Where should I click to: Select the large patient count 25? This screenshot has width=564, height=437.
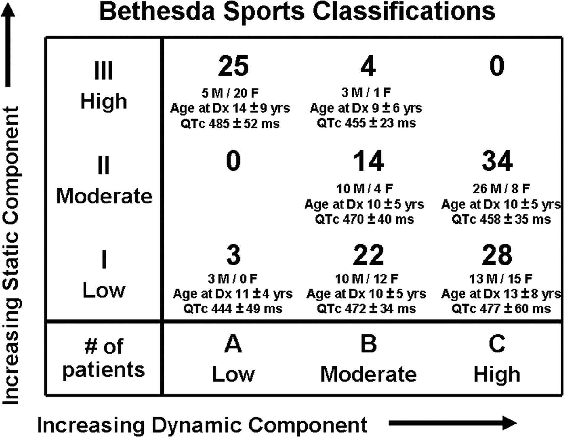click(x=233, y=66)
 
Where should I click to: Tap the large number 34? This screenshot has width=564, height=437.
click(x=497, y=161)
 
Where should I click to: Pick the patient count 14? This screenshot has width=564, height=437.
click(x=368, y=161)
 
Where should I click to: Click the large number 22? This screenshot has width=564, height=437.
click(x=368, y=255)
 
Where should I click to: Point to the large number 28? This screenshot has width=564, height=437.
click(x=497, y=255)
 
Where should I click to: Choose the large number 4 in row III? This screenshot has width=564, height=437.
click(x=368, y=66)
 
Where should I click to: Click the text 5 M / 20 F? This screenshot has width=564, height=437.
click(x=230, y=93)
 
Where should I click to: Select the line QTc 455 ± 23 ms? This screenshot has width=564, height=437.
click(x=366, y=123)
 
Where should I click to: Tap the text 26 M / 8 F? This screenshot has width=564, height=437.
click(x=501, y=189)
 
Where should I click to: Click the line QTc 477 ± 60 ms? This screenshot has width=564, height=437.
click(x=501, y=309)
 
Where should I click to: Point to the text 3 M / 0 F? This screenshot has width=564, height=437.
click(x=232, y=279)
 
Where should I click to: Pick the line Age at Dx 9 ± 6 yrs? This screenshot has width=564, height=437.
click(x=366, y=108)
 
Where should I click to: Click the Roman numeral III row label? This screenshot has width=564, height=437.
click(x=103, y=71)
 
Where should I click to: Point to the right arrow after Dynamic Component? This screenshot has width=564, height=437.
click(x=452, y=423)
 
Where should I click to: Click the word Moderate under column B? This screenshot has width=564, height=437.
click(x=368, y=374)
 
